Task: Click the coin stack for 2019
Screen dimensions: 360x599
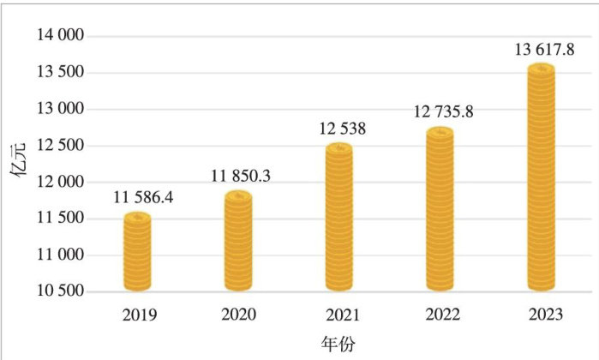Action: pyautogui.click(x=137, y=252)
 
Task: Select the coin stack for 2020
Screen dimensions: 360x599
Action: pyautogui.click(x=238, y=241)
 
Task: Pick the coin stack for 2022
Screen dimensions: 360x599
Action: pyautogui.click(x=440, y=209)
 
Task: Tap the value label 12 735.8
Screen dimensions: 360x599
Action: pyautogui.click(x=446, y=112)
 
